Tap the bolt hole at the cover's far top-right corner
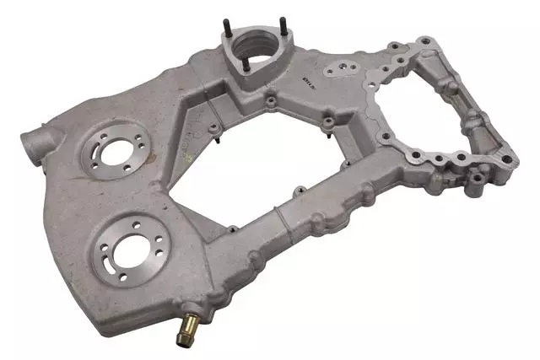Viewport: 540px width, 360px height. pos(426,40)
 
